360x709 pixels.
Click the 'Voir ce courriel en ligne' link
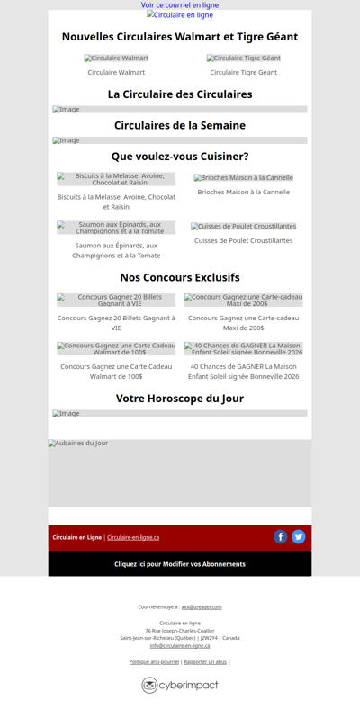tap(180, 5)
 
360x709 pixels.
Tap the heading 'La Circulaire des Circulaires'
tap(180, 94)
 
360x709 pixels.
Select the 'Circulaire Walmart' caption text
tap(116, 72)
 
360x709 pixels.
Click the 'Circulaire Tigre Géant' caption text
tap(243, 72)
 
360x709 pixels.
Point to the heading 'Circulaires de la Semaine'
tap(180, 125)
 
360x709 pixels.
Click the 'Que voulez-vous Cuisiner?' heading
tap(180, 157)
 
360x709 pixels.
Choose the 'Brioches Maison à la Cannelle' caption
tap(243, 192)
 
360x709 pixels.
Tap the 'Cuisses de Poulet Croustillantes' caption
tap(243, 240)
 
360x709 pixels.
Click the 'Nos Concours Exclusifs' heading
tap(180, 277)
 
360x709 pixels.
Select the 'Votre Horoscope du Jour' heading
tap(180, 398)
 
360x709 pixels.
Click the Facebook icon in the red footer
tap(281, 537)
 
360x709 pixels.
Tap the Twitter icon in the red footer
tap(299, 537)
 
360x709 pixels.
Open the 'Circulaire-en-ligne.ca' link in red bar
tap(133, 537)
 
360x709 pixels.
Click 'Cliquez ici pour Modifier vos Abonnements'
tap(180, 564)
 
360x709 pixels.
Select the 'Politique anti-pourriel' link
tap(154, 661)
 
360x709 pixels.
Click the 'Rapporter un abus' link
tap(205, 661)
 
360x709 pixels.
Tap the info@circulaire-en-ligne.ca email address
tap(180, 645)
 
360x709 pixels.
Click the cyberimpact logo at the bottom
tap(180, 685)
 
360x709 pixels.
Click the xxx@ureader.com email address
tap(202, 606)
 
